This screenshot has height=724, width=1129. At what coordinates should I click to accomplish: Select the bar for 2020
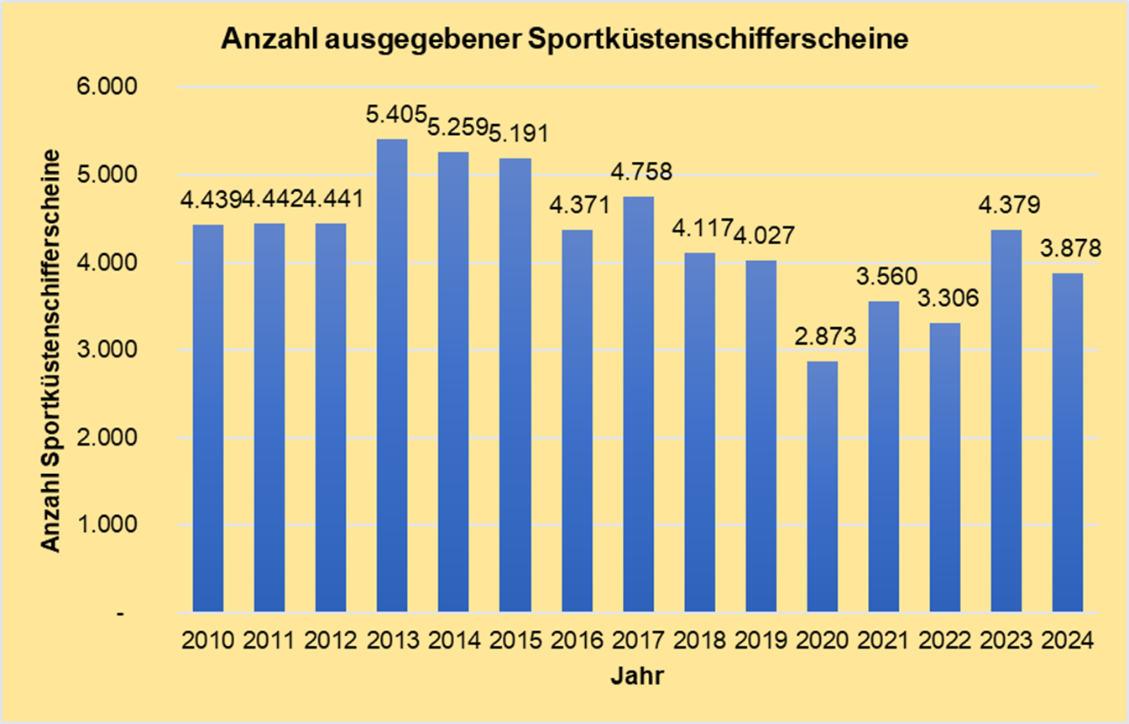(822, 487)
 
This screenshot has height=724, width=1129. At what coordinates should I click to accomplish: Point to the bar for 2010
(208, 419)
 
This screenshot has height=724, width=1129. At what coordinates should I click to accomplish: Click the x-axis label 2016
(577, 641)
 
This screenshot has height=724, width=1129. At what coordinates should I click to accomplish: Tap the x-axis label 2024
(1068, 641)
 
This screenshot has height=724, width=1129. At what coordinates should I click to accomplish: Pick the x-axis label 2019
(761, 641)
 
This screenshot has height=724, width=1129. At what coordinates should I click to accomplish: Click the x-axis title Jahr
(637, 676)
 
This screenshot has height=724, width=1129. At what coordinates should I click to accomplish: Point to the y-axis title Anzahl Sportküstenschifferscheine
(51, 350)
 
